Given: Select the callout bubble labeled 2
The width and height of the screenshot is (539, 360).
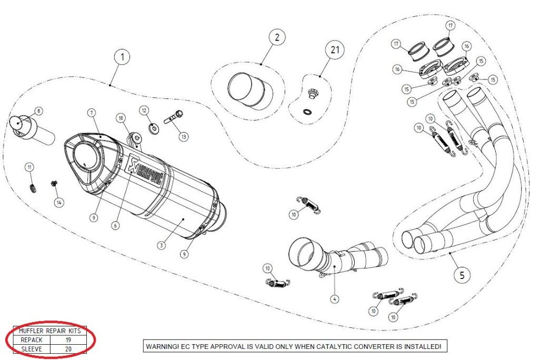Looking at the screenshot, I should [277, 37].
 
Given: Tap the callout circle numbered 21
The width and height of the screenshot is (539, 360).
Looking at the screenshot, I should [335, 51].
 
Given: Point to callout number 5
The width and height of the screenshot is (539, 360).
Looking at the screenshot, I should [462, 274].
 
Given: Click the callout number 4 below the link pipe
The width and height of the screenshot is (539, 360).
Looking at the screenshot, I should [334, 299].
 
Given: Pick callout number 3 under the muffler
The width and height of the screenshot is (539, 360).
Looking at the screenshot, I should [162, 245].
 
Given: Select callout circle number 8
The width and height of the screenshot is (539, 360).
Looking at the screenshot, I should [38, 111].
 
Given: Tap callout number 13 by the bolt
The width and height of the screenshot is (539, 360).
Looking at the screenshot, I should [184, 137].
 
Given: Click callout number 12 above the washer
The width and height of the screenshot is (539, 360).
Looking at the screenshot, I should [145, 110].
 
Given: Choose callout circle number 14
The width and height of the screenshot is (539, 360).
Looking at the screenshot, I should [58, 202].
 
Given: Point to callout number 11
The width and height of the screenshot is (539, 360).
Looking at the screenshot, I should [30, 167].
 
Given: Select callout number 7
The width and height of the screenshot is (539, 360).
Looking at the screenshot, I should [91, 113].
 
